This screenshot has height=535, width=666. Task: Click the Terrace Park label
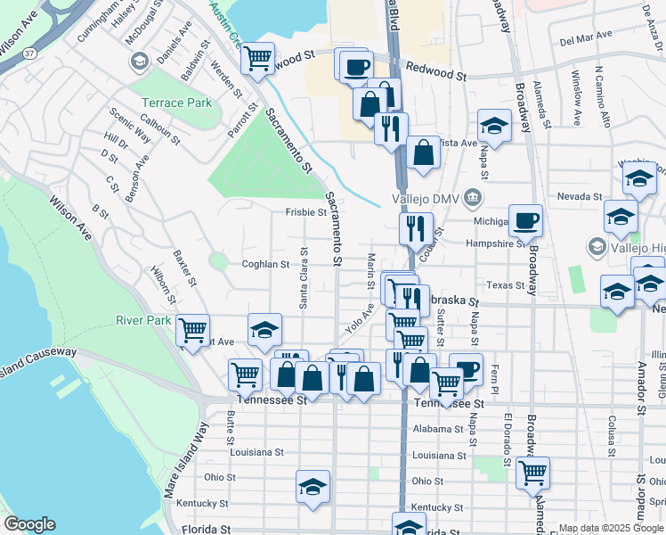click(176, 103)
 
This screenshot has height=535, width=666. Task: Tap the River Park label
click(142, 320)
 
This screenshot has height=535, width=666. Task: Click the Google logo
click(29, 524)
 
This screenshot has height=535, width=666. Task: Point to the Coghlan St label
click(266, 264)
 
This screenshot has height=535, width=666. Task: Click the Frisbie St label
click(305, 212)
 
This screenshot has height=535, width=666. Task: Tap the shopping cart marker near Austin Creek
click(257, 59)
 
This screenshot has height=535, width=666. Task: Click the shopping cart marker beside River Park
click(192, 331)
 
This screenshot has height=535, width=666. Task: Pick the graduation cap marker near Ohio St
click(313, 487)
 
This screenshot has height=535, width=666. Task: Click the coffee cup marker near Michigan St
click(525, 220)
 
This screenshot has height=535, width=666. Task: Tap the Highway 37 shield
click(30, 54)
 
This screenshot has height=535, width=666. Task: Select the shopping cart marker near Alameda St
click(532, 473)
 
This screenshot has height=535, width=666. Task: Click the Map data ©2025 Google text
click(612, 528)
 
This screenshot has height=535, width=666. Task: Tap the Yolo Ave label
click(359, 315)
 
